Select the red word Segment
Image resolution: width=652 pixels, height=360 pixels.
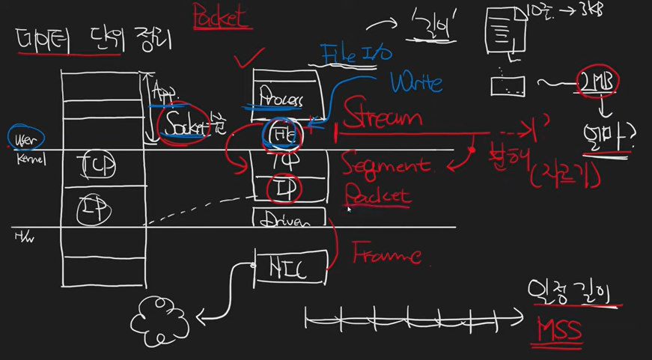[386, 164]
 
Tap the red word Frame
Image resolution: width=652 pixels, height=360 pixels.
[386, 253]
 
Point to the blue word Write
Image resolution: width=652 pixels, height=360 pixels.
[415, 82]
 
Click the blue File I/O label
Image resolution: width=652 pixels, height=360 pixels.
[356, 53]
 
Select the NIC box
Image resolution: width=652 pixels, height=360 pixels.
[290, 266]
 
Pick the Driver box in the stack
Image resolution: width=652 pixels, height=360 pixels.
[290, 219]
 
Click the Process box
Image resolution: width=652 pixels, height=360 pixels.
[280, 97]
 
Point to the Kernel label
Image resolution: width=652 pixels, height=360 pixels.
[30, 159]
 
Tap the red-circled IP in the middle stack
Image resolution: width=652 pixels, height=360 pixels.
[284, 189]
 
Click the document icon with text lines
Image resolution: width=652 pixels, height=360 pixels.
[505, 31]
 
